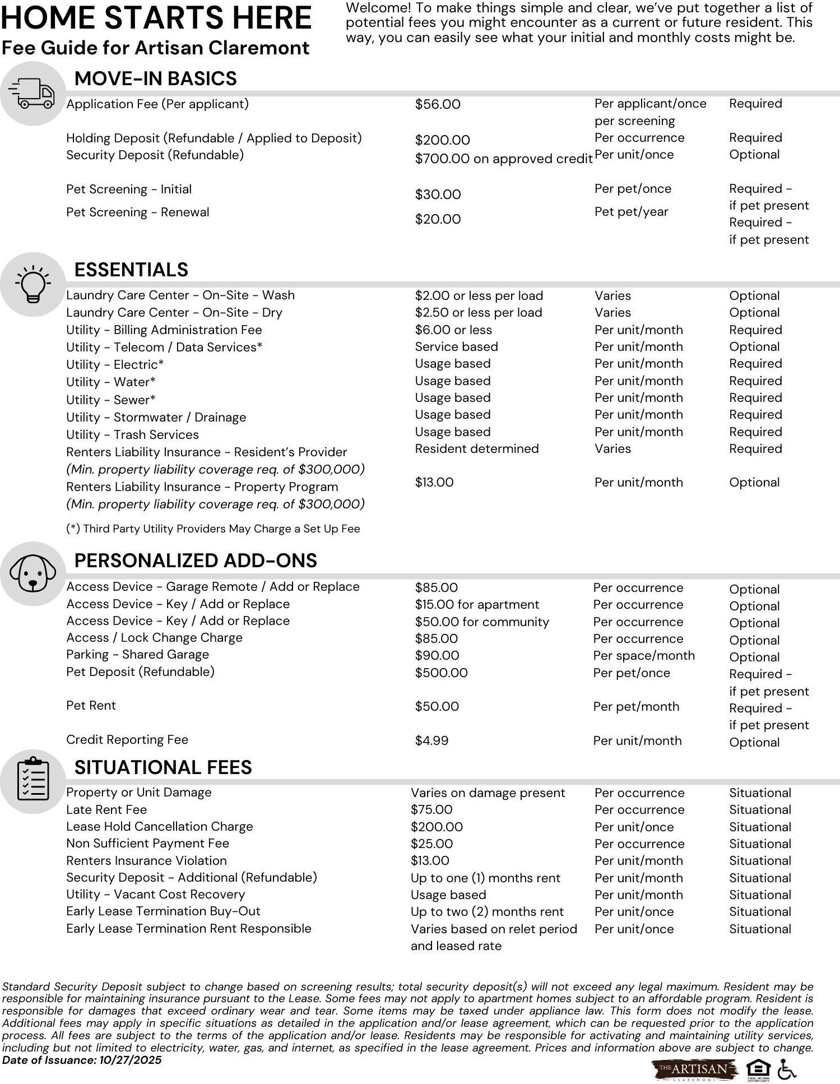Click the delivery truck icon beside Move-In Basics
[33, 94]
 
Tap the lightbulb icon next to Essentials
[33, 284]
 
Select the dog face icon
[33, 573]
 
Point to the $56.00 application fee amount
[438, 104]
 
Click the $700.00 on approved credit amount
[503, 159]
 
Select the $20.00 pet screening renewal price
[438, 219]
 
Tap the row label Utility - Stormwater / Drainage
[156, 417]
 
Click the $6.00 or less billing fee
[453, 330]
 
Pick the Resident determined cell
[476, 448]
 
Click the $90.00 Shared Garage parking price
[437, 655]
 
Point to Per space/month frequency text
[644, 655]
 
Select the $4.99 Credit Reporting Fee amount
[431, 740]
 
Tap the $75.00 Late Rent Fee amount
[431, 809]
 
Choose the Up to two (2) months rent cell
[487, 911]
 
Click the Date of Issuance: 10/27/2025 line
[82, 1060]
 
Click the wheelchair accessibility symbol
[787, 1070]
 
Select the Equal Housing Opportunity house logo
[758, 1068]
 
